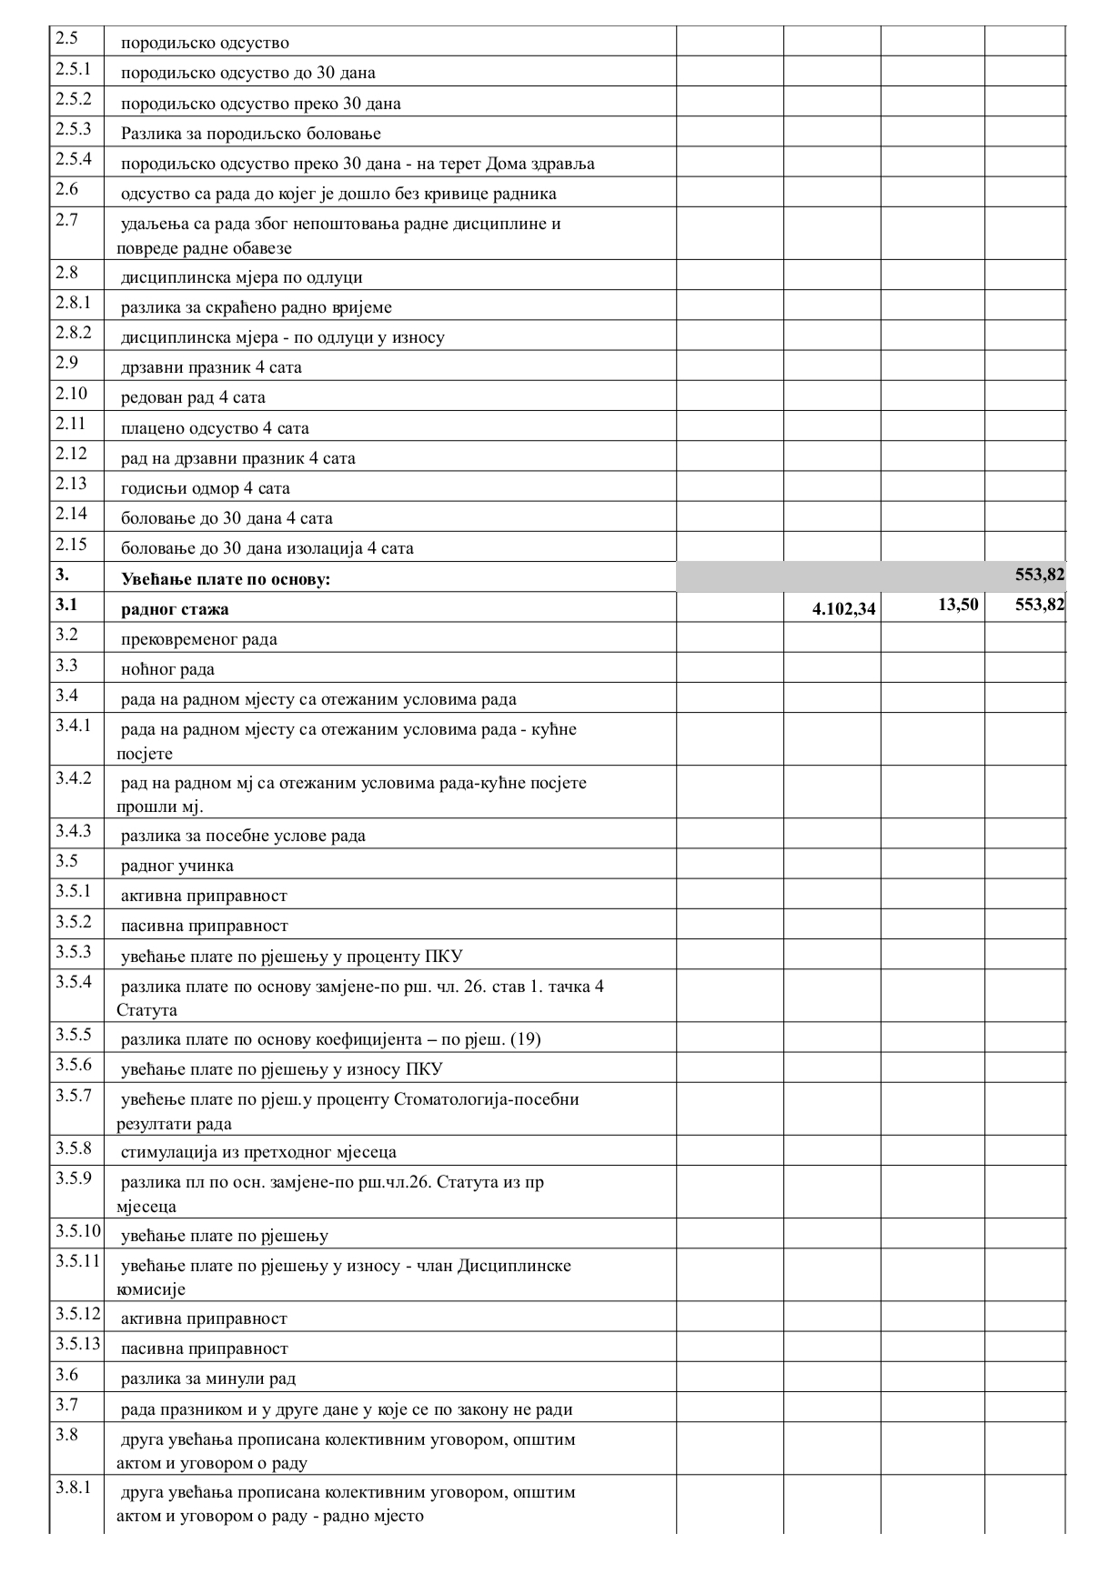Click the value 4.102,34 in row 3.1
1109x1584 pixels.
pos(843,609)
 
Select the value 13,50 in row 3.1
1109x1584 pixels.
pos(958,604)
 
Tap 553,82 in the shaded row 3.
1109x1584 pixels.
pos(1040,575)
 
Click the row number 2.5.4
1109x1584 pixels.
pos(74,159)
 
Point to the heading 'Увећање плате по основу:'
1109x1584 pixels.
pos(226,579)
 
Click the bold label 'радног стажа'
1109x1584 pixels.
pos(175,609)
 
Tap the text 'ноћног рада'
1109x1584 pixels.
pos(167,669)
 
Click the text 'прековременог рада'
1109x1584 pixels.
pos(199,639)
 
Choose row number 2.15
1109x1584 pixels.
pos(71,544)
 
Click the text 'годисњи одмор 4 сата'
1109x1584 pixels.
pos(206,488)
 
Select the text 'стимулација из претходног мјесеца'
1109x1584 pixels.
pos(258,1152)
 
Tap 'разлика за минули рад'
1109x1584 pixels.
pos(208,1379)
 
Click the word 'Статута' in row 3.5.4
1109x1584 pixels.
pos(146,1010)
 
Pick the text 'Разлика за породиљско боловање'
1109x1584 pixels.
pos(251,134)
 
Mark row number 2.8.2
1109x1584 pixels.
pos(74,333)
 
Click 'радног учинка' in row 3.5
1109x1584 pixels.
pos(176,866)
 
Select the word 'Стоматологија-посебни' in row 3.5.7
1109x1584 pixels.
pos(487,1099)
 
